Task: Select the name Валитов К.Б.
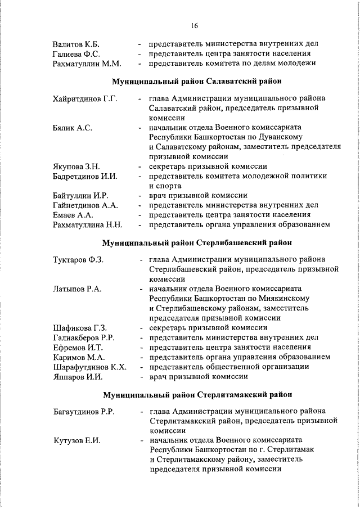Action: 76,44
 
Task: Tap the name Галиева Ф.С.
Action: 76,53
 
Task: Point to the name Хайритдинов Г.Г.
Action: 85,99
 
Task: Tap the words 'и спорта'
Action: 165,186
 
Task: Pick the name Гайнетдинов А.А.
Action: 85,205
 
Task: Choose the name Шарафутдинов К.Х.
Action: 89,367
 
